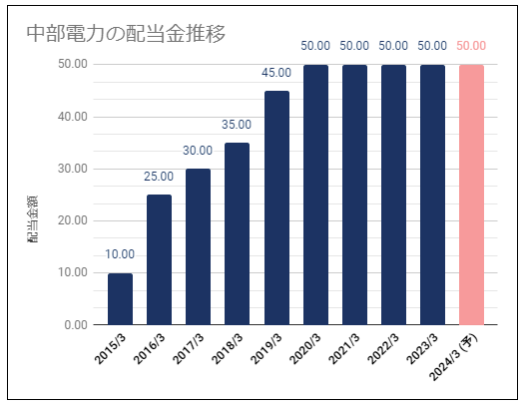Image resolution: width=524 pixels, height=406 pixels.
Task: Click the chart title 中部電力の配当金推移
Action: tap(126, 34)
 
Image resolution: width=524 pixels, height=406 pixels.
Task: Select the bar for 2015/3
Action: tap(120, 299)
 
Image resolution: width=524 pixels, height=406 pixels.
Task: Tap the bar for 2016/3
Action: tap(159, 259)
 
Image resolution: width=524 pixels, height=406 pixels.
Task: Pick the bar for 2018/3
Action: tap(237, 233)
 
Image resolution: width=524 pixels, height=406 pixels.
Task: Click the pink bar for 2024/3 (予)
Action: tap(471, 195)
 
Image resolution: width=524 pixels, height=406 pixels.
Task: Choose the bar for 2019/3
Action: tap(276, 207)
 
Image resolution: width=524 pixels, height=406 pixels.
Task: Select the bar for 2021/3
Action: tap(354, 195)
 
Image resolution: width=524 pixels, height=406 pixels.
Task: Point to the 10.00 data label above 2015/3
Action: tap(120, 254)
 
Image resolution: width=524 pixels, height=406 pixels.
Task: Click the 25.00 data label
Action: tap(159, 177)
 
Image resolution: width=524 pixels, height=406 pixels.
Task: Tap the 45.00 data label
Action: tap(276, 73)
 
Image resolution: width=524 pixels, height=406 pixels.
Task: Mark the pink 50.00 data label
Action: tap(471, 46)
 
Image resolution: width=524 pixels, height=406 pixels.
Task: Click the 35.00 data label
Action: tap(237, 125)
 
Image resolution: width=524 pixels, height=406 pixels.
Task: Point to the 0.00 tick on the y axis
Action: tap(76, 325)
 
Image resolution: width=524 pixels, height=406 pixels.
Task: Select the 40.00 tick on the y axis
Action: tap(73, 117)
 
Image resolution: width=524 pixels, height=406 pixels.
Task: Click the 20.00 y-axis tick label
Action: tap(73, 220)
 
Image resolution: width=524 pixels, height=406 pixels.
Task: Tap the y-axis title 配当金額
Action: tap(33, 219)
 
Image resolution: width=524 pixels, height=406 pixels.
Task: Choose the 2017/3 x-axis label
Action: tap(189, 349)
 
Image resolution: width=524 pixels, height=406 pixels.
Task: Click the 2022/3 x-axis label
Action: tap(383, 349)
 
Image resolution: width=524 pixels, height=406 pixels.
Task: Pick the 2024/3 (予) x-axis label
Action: tap(454, 357)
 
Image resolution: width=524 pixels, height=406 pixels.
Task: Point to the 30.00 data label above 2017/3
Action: tap(198, 151)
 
